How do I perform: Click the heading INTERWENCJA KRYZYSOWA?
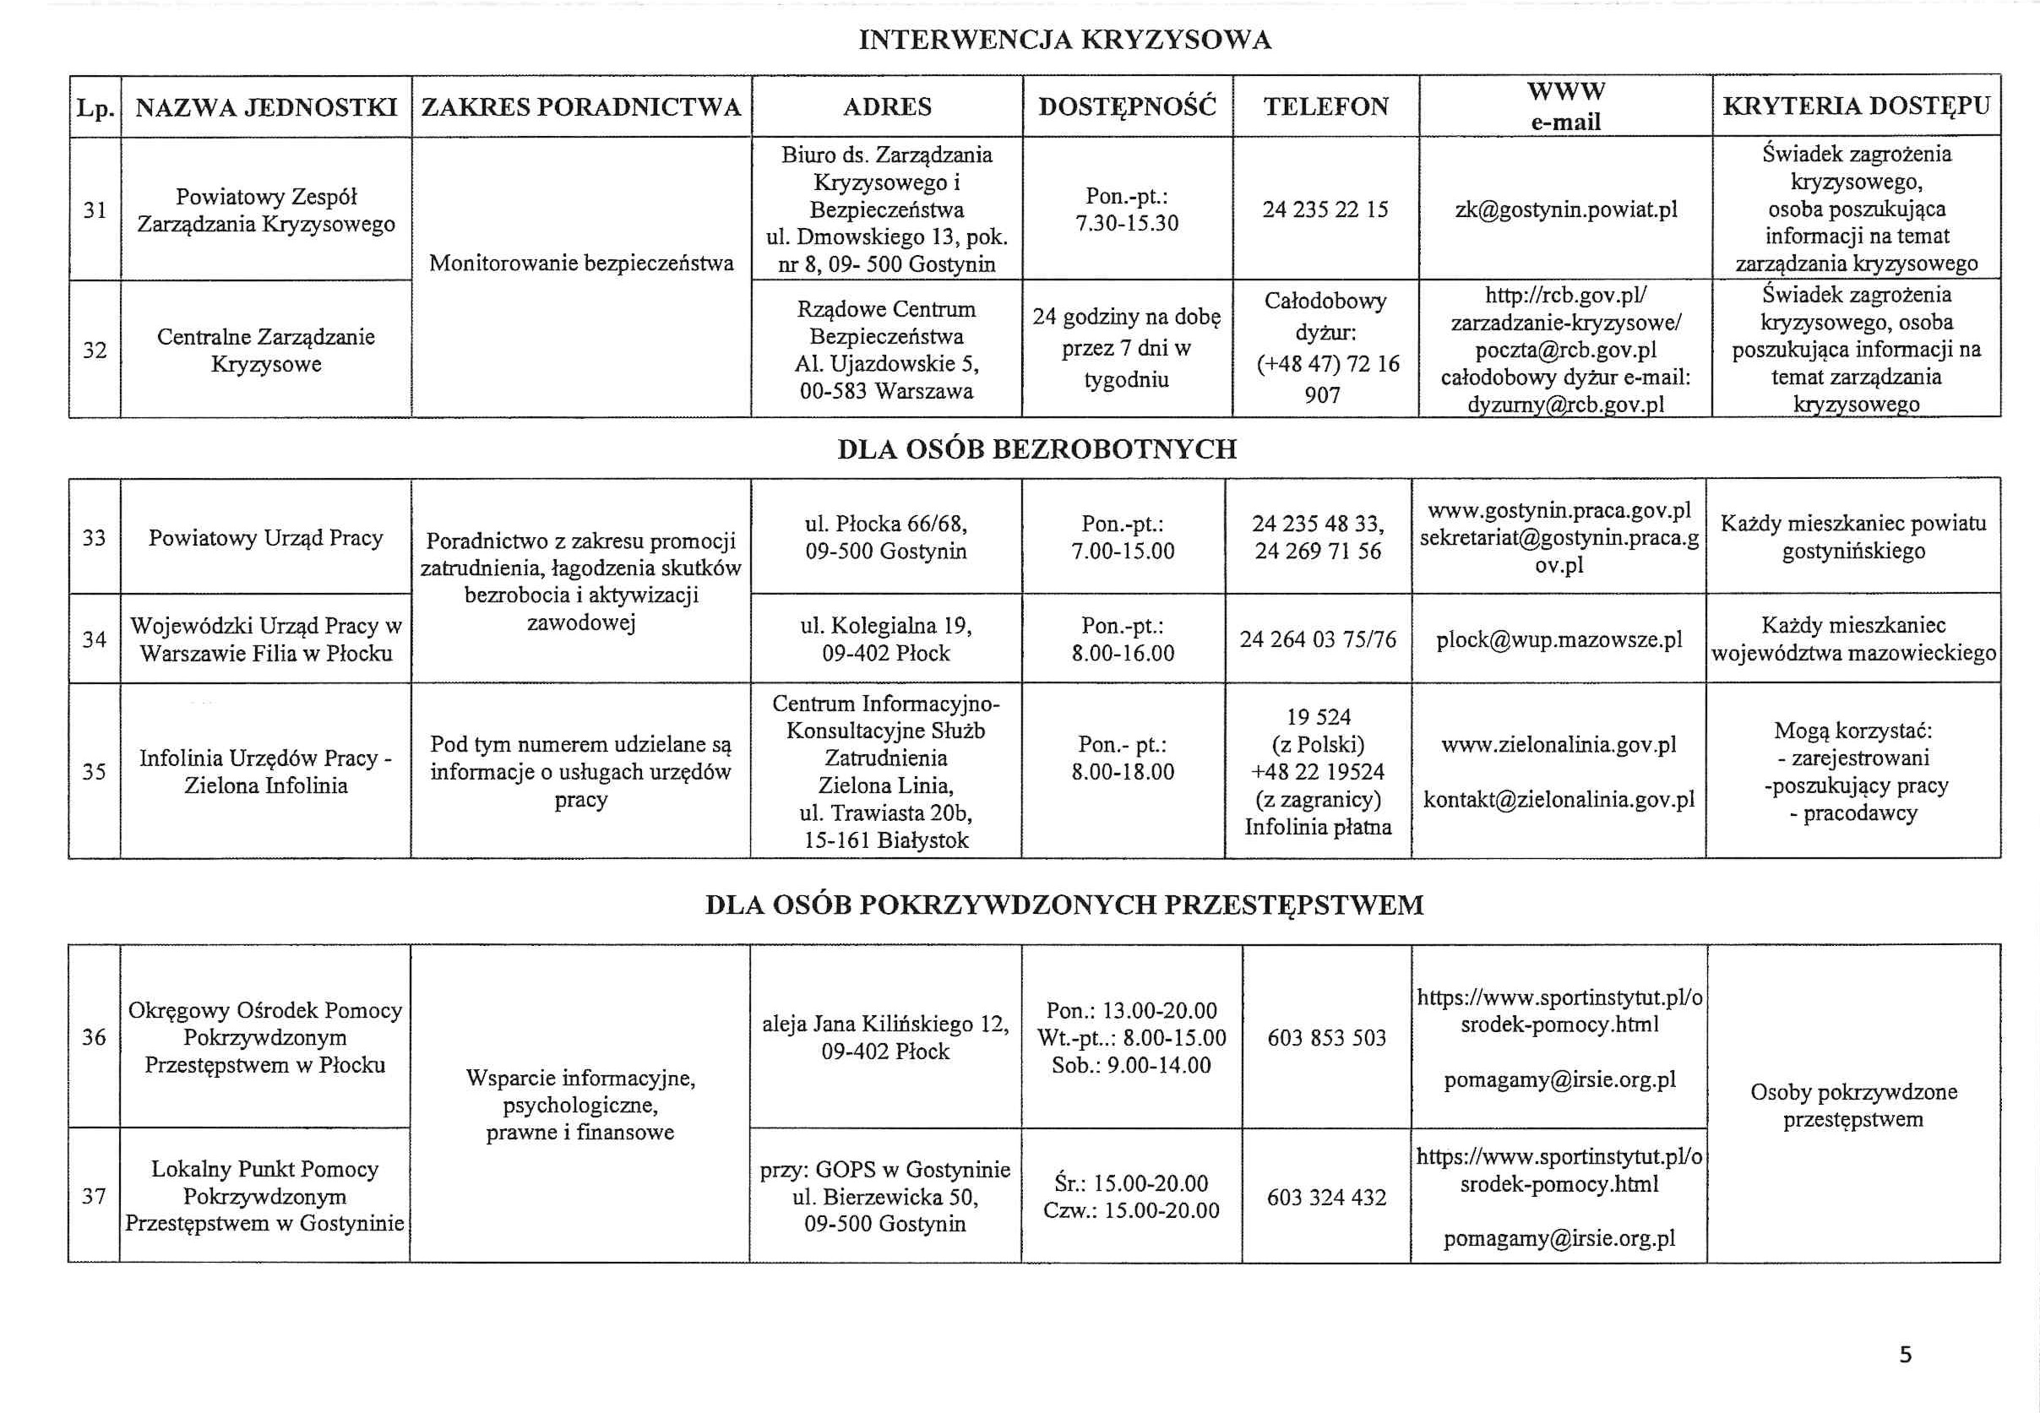[1064, 40]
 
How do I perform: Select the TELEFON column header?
[1325, 107]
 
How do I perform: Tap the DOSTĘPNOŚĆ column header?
[1127, 107]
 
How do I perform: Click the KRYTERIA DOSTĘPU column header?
[1856, 106]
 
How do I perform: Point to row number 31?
[95, 209]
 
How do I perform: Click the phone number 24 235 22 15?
[1325, 209]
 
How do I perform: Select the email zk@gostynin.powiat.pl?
[1565, 209]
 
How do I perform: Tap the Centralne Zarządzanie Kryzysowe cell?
[265, 351]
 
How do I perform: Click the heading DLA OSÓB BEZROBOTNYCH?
[1036, 448]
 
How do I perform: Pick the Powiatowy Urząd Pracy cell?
[265, 538]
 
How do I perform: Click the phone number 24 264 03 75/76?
[1318, 639]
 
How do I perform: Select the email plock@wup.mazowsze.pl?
[1559, 639]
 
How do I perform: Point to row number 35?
[94, 772]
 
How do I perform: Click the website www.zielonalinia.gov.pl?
[1559, 746]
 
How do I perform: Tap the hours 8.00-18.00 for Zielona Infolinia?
[1123, 772]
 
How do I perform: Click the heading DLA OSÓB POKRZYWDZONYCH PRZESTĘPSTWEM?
[1064, 905]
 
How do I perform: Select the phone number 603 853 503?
[1326, 1038]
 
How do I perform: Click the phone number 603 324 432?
[1326, 1197]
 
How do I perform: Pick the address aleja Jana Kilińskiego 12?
[885, 1024]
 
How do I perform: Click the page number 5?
[1906, 1355]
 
